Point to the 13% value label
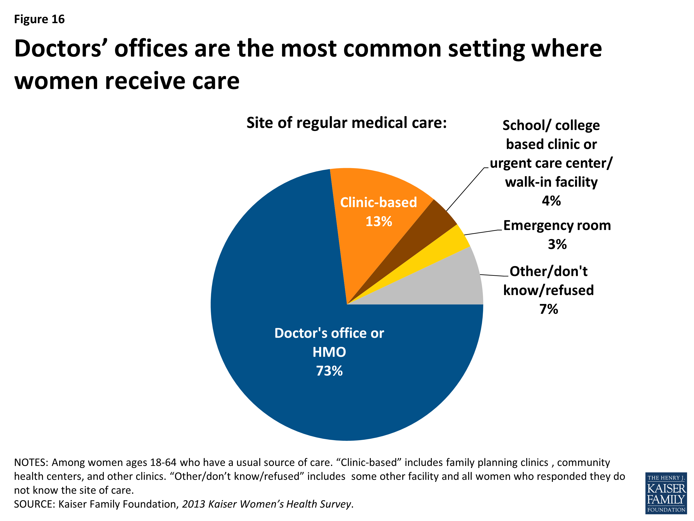point(379,221)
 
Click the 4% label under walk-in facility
point(551,201)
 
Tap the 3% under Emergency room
point(557,244)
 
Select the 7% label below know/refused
point(548,309)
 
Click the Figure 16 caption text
point(39,19)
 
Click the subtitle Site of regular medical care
point(346,123)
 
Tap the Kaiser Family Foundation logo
point(666,493)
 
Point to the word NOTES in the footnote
point(31,463)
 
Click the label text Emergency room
point(557,226)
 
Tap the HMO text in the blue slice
point(329,352)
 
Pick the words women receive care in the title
point(127,81)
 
